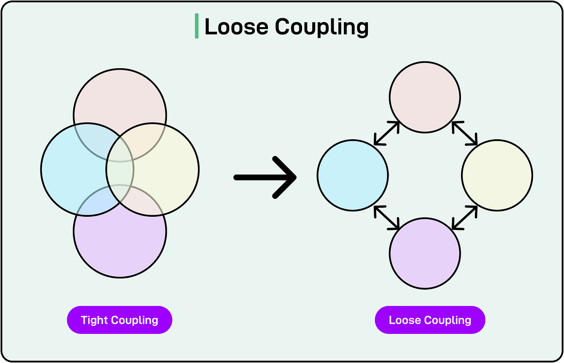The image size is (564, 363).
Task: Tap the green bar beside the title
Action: tap(197, 26)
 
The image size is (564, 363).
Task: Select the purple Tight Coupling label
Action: tap(119, 320)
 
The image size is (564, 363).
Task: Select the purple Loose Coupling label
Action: tap(430, 320)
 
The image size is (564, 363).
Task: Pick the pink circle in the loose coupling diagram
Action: tap(425, 97)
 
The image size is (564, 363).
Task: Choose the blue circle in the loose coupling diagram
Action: tap(352, 175)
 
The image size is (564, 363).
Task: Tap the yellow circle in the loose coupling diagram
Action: tap(497, 175)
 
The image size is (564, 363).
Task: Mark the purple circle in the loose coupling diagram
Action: tap(425, 254)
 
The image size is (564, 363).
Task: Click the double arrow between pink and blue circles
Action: tap(387, 133)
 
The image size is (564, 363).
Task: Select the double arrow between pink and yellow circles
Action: tap(465, 133)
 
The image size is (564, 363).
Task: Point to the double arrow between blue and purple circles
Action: tap(387, 218)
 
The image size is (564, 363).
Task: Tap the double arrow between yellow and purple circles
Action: tap(465, 218)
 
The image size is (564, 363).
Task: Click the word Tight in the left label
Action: tap(94, 320)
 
